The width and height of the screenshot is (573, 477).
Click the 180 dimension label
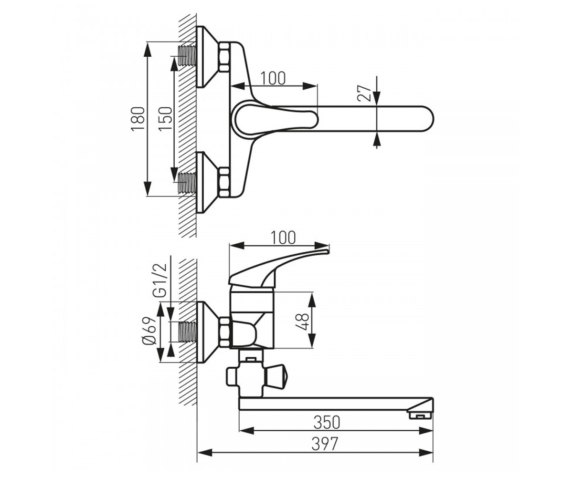(138, 119)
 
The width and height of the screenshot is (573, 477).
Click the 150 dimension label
(166, 119)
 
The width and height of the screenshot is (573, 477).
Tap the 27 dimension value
(365, 93)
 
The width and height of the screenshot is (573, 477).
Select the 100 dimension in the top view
(273, 78)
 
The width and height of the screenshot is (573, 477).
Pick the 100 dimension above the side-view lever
(283, 238)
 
